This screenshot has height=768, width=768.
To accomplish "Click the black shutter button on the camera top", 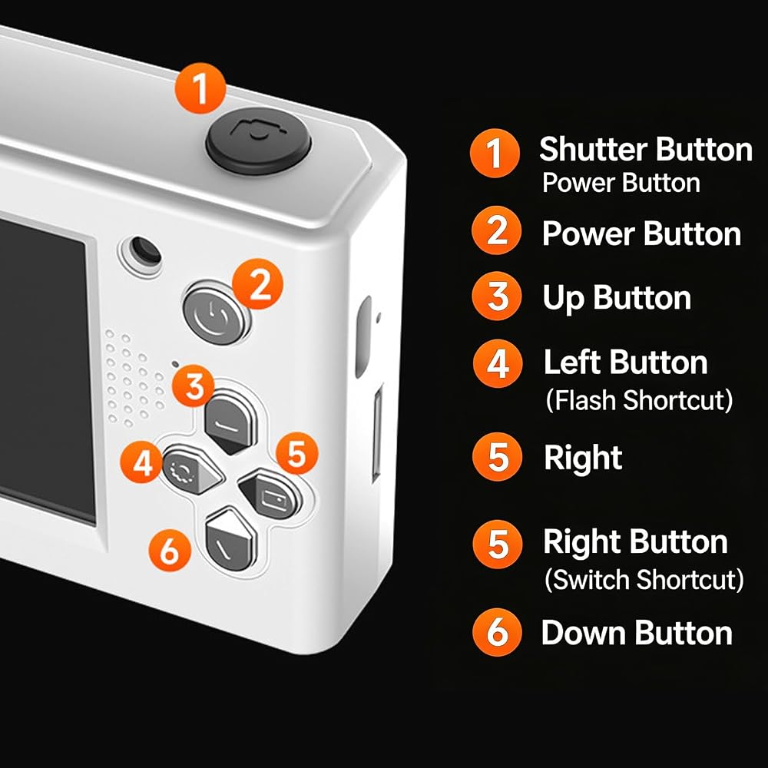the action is coord(257,141).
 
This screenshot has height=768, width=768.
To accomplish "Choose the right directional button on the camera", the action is coord(270,494).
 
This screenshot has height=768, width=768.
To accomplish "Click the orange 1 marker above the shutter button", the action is coord(200,88).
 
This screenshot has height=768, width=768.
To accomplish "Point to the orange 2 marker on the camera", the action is coord(257,283).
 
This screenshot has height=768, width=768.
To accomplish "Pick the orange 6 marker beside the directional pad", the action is coord(170,550).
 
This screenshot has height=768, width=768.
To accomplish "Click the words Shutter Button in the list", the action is coord(646,149).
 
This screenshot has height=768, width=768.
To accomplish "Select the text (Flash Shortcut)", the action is coord(639,400).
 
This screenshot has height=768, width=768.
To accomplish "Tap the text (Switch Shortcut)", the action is coord(644,580).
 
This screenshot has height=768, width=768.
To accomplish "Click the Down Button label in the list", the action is coord(637,633).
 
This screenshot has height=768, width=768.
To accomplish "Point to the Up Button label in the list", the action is coord(617,298).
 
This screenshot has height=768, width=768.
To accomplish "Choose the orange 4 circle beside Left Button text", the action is coord(498,364).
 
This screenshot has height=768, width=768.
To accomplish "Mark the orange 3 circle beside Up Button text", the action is coord(497,296).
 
